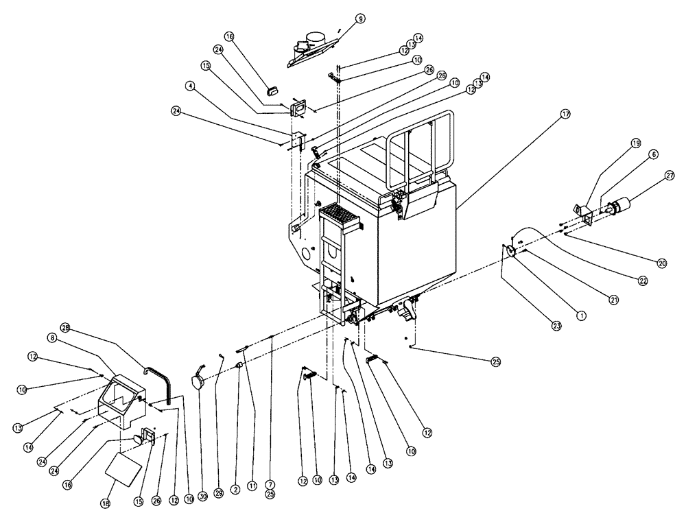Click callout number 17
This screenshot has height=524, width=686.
564,115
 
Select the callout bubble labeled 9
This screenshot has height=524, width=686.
361,19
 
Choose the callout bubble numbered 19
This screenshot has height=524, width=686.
635,143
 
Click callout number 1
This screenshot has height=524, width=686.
581,316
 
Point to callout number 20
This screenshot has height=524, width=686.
661,263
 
